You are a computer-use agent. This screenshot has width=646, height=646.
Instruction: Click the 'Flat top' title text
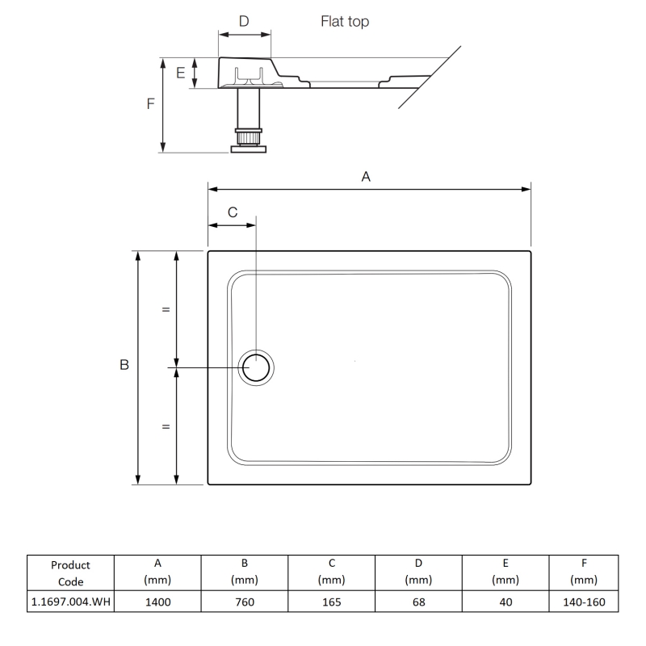tap(345, 23)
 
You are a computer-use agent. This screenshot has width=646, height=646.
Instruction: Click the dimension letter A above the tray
tap(365, 177)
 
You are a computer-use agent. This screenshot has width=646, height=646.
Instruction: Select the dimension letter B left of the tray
tap(124, 366)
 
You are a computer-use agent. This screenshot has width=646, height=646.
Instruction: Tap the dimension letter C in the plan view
tap(232, 212)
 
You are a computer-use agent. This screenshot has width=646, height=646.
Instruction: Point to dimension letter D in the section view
tap(244, 21)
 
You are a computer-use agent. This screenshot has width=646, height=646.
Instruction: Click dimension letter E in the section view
tap(181, 73)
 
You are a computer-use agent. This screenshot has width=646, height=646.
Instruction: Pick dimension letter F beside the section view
tap(151, 104)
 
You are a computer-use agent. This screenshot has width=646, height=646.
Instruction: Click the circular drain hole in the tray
tap(257, 368)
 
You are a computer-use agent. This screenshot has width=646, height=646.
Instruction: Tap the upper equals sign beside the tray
tap(166, 309)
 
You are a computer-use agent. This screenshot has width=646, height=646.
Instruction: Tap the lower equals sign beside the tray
tap(166, 426)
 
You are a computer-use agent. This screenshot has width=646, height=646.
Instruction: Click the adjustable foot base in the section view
tap(248, 147)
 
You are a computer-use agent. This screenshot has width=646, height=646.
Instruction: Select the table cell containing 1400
tap(157, 602)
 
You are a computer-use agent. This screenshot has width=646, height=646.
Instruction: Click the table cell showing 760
tap(244, 602)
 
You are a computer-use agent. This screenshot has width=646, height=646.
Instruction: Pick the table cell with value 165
tap(331, 602)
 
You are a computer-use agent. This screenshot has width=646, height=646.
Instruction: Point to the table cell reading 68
tap(418, 602)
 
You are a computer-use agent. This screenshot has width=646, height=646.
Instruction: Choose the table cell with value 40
tap(505, 602)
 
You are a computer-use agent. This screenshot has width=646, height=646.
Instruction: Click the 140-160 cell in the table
tap(583, 602)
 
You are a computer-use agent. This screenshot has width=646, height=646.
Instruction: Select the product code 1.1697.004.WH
tap(69, 602)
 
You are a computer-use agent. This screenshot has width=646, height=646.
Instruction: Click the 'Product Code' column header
tap(69, 573)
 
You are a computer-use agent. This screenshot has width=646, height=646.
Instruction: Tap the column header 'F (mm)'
tap(583, 573)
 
